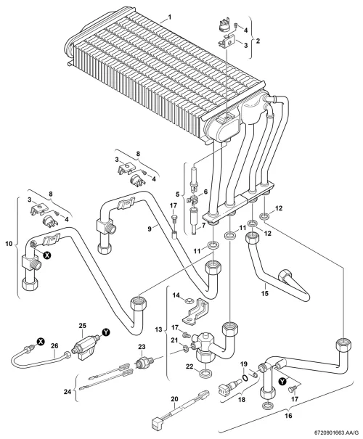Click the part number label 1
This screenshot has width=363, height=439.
click(x=170, y=17)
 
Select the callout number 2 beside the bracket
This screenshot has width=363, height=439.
click(x=258, y=41)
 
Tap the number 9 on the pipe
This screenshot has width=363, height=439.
click(x=150, y=229)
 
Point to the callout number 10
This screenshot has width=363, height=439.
click(x=9, y=244)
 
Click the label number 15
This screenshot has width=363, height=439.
click(x=265, y=293)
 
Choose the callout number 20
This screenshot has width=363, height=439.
click(x=174, y=398)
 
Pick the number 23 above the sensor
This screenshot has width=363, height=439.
click(x=142, y=347)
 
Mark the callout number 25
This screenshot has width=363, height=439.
click(x=82, y=326)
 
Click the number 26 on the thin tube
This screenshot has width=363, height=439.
click(x=54, y=346)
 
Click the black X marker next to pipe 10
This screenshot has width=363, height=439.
click(x=47, y=255)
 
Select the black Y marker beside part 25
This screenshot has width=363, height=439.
click(x=106, y=332)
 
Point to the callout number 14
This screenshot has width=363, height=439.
click(x=176, y=295)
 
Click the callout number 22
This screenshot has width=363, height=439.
click(x=190, y=366)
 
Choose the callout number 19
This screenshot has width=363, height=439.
click(x=244, y=364)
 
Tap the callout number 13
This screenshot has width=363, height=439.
click(x=158, y=329)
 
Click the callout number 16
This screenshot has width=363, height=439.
click(x=288, y=416)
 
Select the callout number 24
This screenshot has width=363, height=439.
click(x=68, y=392)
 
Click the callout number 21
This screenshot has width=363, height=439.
click(x=174, y=340)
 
